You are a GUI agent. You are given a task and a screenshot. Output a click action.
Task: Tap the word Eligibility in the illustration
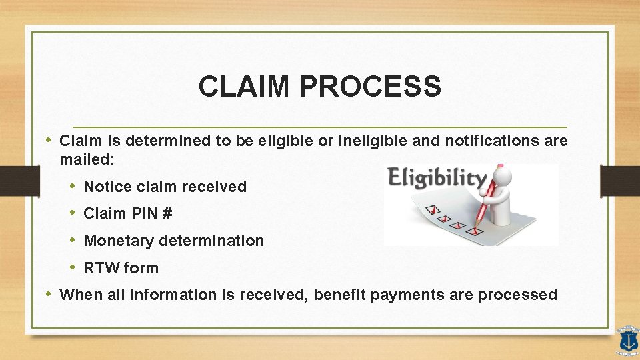(437, 178)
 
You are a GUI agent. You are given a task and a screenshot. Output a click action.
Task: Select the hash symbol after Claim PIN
(167, 213)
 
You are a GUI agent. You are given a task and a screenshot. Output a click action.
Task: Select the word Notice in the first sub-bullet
(107, 187)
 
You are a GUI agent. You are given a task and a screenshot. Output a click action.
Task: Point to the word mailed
(85, 160)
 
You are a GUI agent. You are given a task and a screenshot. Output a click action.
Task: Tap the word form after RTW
(142, 268)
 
